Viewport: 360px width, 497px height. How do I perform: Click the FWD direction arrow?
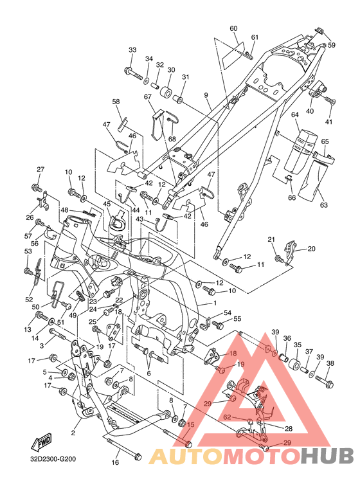click(41, 442)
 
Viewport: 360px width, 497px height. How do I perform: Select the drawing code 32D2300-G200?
click(53, 458)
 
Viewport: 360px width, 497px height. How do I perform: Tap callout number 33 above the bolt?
click(132, 50)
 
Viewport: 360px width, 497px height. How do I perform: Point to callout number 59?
click(332, 45)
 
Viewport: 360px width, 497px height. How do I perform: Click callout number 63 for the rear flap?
click(323, 205)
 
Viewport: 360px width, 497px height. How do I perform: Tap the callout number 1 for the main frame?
click(215, 303)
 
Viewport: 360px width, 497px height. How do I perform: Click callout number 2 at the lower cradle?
click(73, 433)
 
